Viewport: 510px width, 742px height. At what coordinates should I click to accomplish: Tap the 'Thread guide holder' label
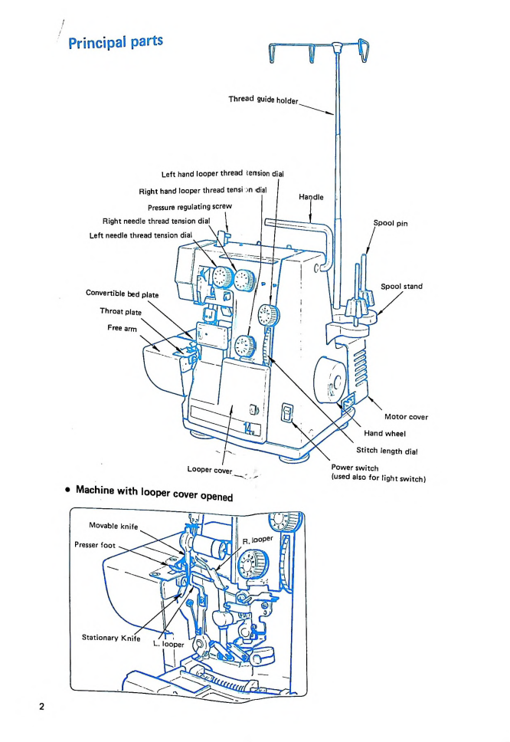(x=264, y=100)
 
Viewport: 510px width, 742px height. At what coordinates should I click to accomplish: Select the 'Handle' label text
(x=310, y=197)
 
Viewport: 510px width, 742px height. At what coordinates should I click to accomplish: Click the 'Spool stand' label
(x=402, y=287)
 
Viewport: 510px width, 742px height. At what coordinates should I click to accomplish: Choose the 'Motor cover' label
(x=406, y=417)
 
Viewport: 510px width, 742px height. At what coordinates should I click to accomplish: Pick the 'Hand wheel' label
(x=385, y=433)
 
